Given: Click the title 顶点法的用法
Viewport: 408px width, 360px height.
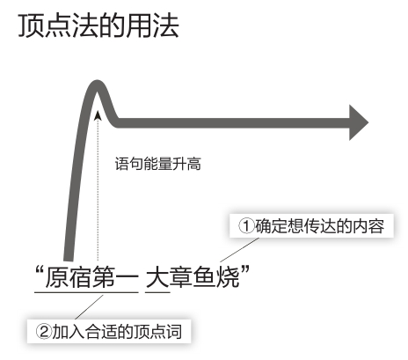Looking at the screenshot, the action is pyautogui.click(x=98, y=26).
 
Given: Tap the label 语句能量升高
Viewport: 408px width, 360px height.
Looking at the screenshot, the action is pyautogui.click(x=158, y=164).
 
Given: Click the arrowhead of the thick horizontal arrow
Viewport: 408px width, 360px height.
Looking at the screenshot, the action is pyautogui.click(x=359, y=122).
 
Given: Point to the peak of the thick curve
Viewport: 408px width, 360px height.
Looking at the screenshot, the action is pyautogui.click(x=97, y=84).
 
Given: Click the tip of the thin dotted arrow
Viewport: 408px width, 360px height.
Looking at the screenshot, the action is pyautogui.click(x=98, y=112).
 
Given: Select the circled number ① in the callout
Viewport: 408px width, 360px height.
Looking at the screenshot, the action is pyautogui.click(x=246, y=226).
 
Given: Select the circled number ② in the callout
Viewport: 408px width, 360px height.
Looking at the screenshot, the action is pyautogui.click(x=44, y=332).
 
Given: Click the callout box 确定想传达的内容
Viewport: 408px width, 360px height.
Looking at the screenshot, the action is pyautogui.click(x=311, y=226).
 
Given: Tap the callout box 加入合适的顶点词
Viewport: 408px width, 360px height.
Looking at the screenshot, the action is pyautogui.click(x=109, y=332).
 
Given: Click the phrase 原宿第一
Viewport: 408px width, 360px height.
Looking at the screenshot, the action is pyautogui.click(x=92, y=276).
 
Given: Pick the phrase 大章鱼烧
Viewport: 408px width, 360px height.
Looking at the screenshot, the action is pyautogui.click(x=193, y=276).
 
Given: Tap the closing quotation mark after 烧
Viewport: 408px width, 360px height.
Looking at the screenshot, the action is pyautogui.click(x=245, y=269).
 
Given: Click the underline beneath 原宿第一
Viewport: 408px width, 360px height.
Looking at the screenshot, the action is pyautogui.click(x=86, y=292).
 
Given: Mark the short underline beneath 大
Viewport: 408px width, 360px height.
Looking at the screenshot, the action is pyautogui.click(x=157, y=292).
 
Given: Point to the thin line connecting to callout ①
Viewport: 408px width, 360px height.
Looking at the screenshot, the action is pyautogui.click(x=239, y=250).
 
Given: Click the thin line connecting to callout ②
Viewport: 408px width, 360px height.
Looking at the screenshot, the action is pyautogui.click(x=89, y=307).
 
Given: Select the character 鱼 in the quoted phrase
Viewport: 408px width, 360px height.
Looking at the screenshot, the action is pyautogui.click(x=204, y=276).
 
